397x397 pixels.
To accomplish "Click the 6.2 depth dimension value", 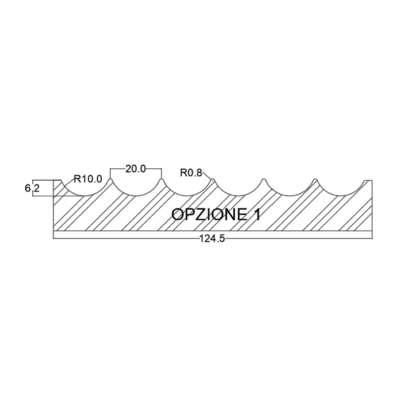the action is click(32, 189).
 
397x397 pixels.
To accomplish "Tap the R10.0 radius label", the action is click(88, 179).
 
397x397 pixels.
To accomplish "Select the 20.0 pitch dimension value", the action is click(135, 169).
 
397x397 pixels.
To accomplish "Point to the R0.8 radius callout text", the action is click(191, 173).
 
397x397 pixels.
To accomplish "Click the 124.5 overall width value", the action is click(212, 239).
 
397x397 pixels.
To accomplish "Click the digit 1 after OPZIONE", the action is click(257, 215).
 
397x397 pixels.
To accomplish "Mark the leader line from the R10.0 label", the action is click(68, 184).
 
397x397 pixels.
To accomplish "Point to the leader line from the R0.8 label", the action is click(207, 175).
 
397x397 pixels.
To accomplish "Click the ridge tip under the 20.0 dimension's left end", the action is click(110, 180).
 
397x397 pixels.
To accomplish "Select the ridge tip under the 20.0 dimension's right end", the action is click(161, 180).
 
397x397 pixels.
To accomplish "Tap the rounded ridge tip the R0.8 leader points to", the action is click(213, 180).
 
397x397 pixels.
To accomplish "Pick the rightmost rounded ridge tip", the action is click(315, 180).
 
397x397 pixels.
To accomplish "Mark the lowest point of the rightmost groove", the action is click(341, 196).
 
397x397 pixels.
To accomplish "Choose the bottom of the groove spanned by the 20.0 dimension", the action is click(136, 196).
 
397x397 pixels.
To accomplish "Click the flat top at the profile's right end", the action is click(368, 180).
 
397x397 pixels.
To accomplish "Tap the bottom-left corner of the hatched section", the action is click(54, 231).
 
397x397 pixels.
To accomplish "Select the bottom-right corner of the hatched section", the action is click(372, 231).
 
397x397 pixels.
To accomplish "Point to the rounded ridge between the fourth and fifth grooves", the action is click(264, 180).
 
